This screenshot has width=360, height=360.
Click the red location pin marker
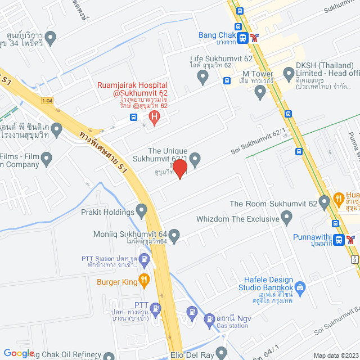coord(179,168)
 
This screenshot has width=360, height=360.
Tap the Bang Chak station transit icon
coord(242,38)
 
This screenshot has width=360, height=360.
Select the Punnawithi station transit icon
coord(339,240)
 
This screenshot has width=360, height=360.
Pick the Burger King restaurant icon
coord(145,278)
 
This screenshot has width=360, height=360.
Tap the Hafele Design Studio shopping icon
coord(300,289)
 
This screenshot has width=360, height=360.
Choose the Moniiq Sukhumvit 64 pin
coord(174,235)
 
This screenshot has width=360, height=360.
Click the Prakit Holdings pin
coord(141,211)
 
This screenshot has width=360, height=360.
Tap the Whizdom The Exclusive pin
coord(287,217)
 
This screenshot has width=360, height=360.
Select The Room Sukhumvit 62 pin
coord(324,201)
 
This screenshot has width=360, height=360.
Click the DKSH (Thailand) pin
coord(288,73)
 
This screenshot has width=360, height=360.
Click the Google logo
coord(19,353)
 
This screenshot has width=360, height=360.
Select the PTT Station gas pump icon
coord(145,260)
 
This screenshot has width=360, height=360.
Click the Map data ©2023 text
coord(335,355)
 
